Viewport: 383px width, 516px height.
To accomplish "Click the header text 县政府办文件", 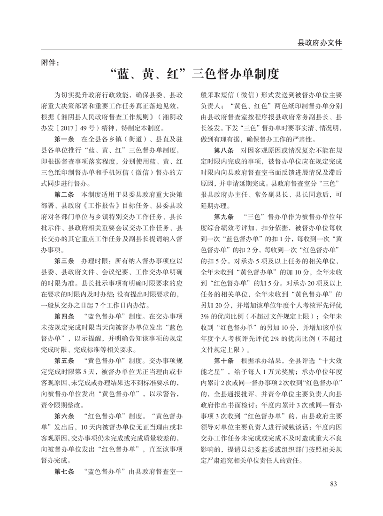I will point(320,43).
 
